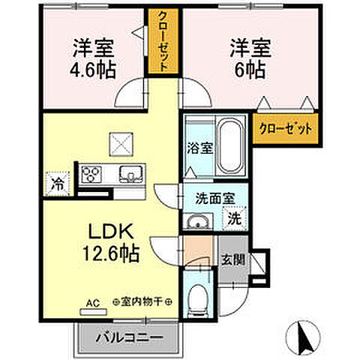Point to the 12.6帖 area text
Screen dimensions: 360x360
[109, 254]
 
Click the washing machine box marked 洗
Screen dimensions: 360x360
[235, 220]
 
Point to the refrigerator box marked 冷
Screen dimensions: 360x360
[57, 181]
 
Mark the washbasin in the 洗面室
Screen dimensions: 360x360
[199, 220]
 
